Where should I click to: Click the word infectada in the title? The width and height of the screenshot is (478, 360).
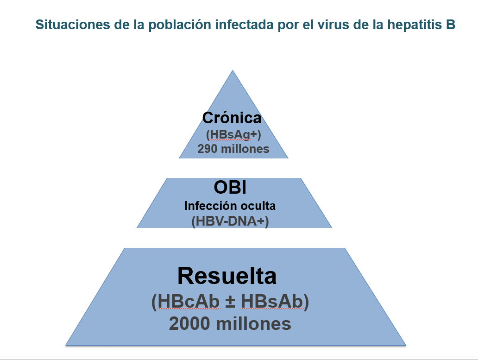244,25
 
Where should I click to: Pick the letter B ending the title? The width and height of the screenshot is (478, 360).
451,25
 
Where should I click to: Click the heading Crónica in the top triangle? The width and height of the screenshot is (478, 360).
232,118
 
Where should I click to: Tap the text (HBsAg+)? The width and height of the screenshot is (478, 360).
233,134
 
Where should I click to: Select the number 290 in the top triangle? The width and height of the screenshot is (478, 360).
208,149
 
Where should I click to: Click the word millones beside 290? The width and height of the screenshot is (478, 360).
245,149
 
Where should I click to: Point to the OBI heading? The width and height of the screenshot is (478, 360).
230,187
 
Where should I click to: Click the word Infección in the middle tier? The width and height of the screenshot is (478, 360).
207,206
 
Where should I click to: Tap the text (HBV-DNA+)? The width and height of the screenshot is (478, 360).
230,221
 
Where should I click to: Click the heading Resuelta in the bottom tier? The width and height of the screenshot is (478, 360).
227,276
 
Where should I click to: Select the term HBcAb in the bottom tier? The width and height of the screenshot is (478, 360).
189,302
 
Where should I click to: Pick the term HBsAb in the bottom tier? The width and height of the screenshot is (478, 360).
272,302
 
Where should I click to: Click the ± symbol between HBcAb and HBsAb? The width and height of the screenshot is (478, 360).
230,302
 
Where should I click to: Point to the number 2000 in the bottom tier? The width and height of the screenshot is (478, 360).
189,323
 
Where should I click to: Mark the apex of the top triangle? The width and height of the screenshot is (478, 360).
233,70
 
